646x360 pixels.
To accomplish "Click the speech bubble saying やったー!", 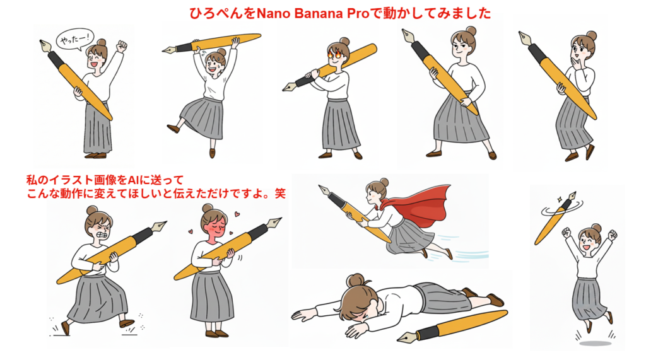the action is (74, 40).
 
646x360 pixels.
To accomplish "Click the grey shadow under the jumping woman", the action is (595, 343).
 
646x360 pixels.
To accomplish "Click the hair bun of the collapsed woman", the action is (356, 281).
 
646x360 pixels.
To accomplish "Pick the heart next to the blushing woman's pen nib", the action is (238, 214).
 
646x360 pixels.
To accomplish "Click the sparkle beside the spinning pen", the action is (560, 199).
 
